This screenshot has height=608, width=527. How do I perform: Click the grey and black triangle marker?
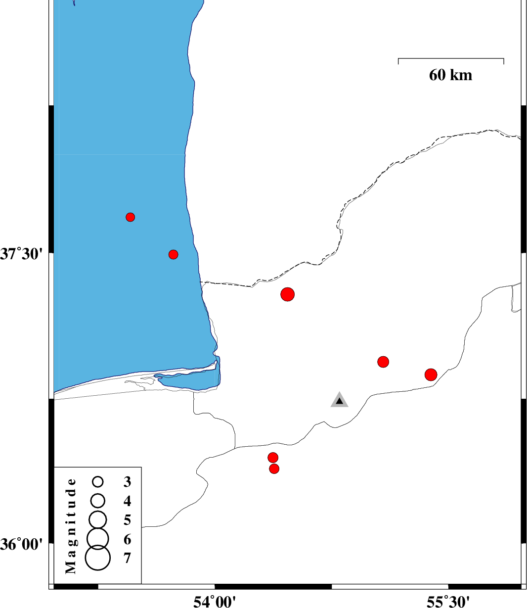(339, 400)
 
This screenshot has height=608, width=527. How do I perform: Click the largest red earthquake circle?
(287, 294)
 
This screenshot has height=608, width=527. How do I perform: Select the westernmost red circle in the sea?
(131, 217)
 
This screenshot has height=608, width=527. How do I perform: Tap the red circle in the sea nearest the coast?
(174, 254)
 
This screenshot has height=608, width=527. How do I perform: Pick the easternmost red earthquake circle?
(431, 374)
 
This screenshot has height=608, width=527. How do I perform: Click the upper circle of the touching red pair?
(273, 458)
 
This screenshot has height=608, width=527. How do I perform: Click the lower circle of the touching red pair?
(274, 469)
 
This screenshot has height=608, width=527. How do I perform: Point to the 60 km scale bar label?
(450, 75)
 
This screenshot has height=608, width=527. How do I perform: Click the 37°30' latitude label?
(21, 254)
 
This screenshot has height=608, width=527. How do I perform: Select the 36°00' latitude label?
(21, 544)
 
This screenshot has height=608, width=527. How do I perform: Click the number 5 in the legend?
(128, 520)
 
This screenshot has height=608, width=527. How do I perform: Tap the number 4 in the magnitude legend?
(128, 501)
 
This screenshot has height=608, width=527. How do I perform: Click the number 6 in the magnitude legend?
(128, 539)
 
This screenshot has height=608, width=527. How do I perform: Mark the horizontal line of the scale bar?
(451, 58)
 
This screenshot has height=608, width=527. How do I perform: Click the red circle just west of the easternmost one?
(383, 362)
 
